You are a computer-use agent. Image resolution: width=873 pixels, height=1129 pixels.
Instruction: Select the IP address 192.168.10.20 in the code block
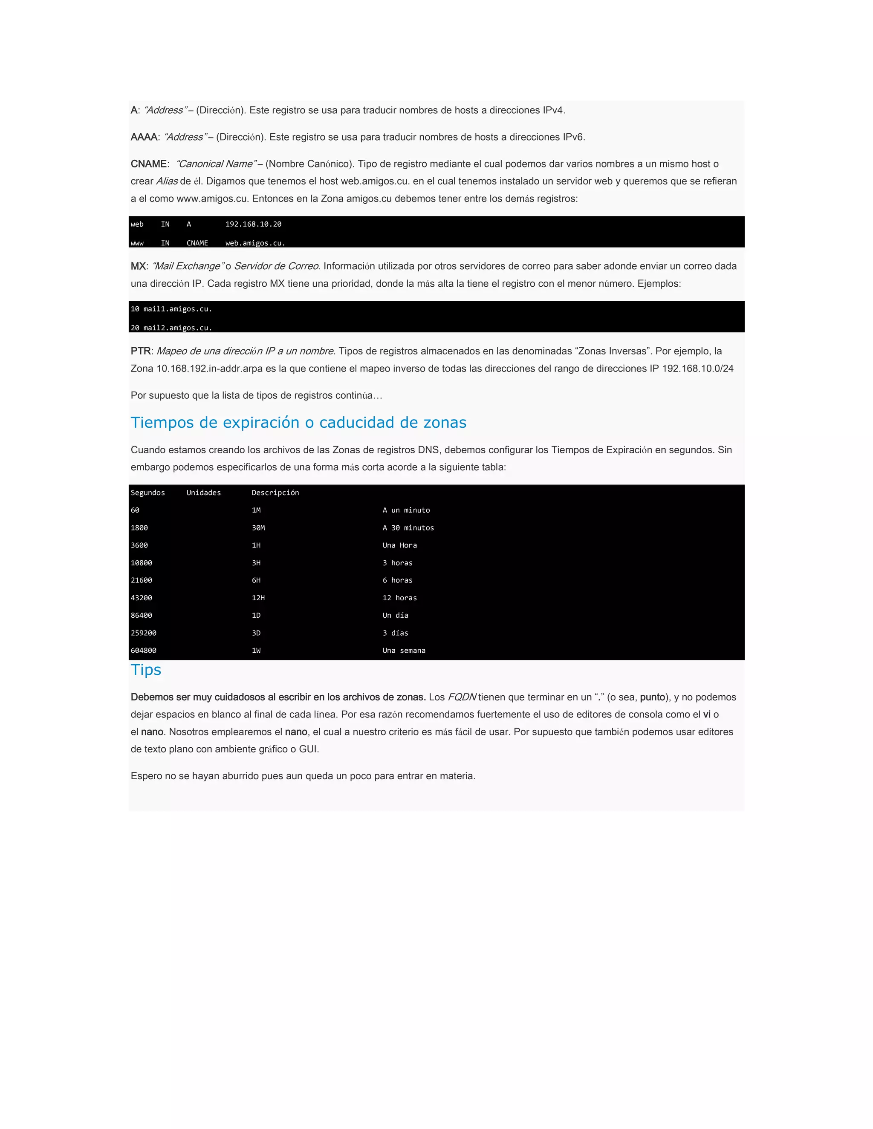point(254,224)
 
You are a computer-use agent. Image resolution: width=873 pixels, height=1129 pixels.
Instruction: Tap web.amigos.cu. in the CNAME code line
point(255,243)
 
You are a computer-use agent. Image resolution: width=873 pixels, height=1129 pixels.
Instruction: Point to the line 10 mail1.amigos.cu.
point(171,308)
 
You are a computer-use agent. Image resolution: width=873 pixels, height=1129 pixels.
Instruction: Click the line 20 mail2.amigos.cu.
point(171,328)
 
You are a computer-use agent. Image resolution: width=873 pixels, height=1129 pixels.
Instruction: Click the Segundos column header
point(147,492)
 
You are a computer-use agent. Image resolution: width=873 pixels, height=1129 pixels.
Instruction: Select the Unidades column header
point(203,492)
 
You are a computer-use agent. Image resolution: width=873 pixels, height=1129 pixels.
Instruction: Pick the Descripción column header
point(275,492)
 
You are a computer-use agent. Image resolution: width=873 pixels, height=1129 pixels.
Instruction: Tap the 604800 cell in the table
point(143,650)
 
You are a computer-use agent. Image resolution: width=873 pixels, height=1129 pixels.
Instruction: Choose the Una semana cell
point(404,650)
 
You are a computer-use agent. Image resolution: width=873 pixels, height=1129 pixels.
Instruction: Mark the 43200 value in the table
point(141,598)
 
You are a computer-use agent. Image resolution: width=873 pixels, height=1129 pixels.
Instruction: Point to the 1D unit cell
point(256,615)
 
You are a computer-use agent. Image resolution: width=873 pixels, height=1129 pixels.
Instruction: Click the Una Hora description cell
point(399,545)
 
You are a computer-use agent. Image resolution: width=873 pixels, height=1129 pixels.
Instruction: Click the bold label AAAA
point(144,137)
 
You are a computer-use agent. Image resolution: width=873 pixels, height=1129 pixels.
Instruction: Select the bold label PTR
point(141,351)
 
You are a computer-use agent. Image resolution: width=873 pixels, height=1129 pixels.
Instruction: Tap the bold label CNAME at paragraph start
point(148,164)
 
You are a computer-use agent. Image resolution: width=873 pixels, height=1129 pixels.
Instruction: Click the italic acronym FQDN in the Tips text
point(461,697)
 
